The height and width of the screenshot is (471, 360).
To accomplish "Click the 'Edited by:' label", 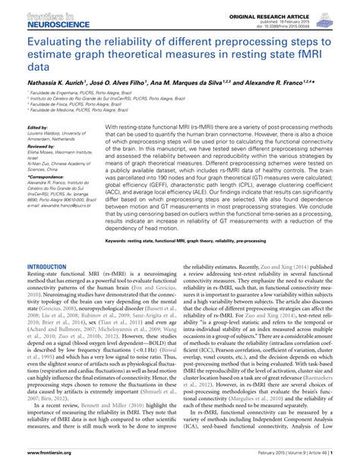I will click(36, 128).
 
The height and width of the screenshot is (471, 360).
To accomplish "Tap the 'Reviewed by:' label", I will click(39, 145).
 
